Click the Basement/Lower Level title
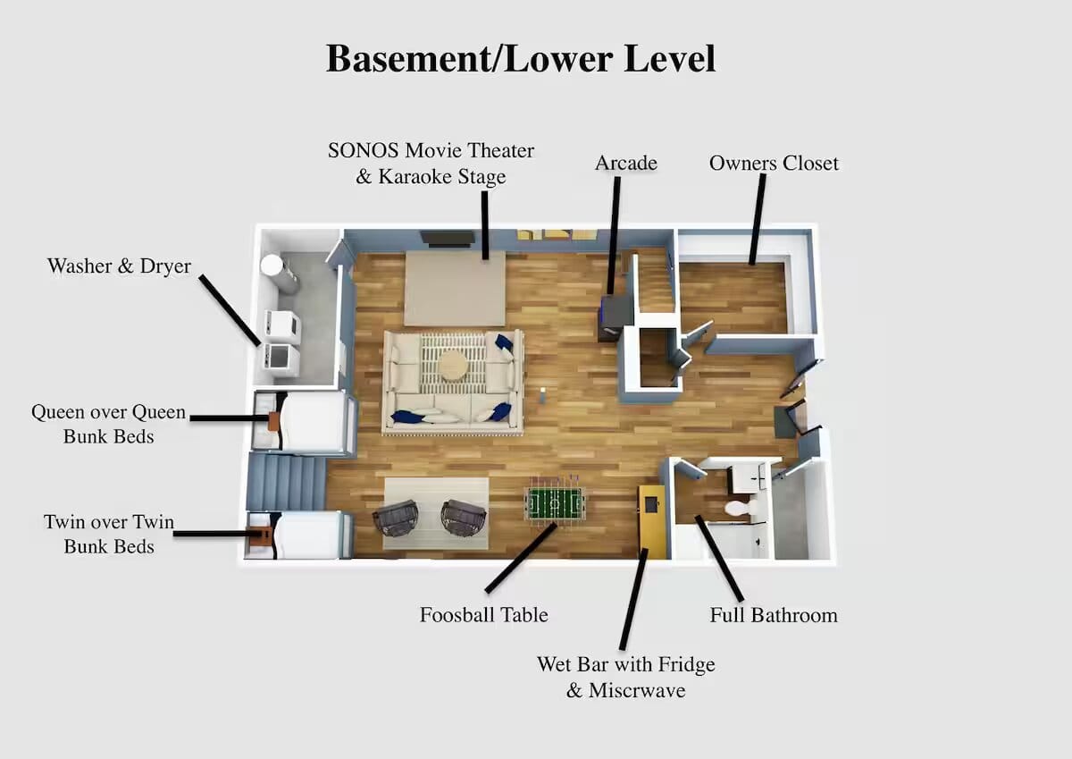[521, 58]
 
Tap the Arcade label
[626, 163]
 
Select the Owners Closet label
[774, 164]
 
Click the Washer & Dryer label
[119, 266]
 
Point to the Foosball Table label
[484, 615]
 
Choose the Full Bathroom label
[774, 615]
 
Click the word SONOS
[364, 150]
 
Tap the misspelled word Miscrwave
[637, 690]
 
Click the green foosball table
[555, 504]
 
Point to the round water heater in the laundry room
[272, 266]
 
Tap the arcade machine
[614, 316]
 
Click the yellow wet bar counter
[652, 521]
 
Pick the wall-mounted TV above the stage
[448, 239]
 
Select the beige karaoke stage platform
[455, 288]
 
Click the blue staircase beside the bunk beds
[286, 482]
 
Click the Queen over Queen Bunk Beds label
[109, 424]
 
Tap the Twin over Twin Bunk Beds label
[109, 534]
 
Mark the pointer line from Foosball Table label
[521, 558]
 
